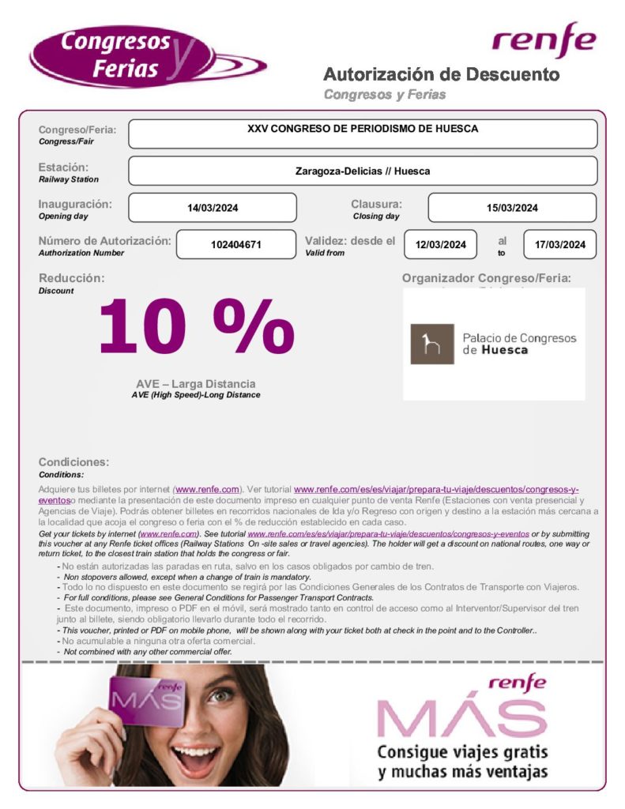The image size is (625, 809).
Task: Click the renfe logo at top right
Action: (x=544, y=41)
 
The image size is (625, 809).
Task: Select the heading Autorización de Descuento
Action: (x=441, y=75)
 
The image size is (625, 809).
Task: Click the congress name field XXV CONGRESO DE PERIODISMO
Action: (x=363, y=134)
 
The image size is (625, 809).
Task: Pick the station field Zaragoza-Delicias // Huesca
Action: (x=363, y=171)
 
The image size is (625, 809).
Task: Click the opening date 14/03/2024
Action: (x=213, y=208)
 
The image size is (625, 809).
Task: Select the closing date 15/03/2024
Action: (x=512, y=208)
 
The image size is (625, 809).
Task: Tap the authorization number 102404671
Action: (x=235, y=244)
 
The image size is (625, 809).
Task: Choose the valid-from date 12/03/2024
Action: (x=440, y=244)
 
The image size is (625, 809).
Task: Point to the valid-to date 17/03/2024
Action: (x=559, y=244)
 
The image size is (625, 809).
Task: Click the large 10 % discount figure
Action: (x=196, y=325)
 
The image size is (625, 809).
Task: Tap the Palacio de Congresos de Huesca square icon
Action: (x=431, y=344)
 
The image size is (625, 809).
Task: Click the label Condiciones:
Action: (x=73, y=462)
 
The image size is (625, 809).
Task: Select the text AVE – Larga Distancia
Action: (x=195, y=384)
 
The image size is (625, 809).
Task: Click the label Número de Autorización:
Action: (x=104, y=240)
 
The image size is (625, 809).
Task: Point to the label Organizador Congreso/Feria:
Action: (x=486, y=278)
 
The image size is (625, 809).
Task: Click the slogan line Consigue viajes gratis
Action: (x=462, y=751)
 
